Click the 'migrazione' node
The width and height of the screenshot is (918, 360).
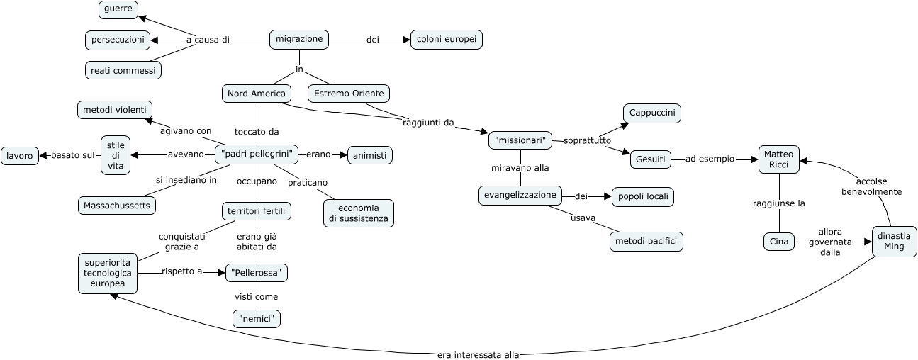coord(299,40)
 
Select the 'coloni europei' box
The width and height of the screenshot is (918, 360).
coord(446,40)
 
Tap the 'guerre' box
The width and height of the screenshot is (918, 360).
coord(118,10)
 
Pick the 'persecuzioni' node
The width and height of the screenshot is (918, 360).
coord(118,40)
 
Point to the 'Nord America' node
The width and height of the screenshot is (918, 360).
coord(256,93)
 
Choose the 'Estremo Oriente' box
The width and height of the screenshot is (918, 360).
coord(349,93)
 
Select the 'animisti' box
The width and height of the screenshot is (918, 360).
coord(369,154)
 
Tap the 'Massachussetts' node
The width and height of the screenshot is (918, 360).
coord(117,205)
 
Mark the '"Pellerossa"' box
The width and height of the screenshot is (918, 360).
coord(257,272)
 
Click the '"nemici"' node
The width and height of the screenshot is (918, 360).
coord(257,319)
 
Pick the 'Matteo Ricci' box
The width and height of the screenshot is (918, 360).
coord(779,159)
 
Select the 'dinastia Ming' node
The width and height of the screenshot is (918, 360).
coord(894,241)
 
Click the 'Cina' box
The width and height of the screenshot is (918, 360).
coord(778,242)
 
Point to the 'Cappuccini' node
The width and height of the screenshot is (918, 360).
coord(652,113)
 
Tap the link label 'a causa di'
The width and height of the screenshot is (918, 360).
coord(208,40)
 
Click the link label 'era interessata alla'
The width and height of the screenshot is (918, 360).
coord(478,355)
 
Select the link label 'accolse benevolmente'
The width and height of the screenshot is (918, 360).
coord(871,186)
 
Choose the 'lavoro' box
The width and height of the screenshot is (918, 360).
coord(20,155)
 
